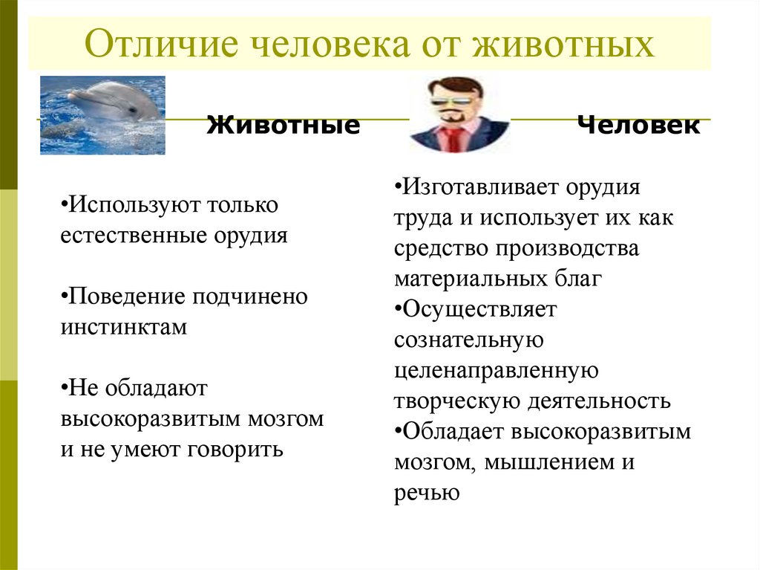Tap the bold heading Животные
point(283,125)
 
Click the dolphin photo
point(102,114)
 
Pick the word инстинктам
point(124,327)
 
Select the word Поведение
point(128,297)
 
